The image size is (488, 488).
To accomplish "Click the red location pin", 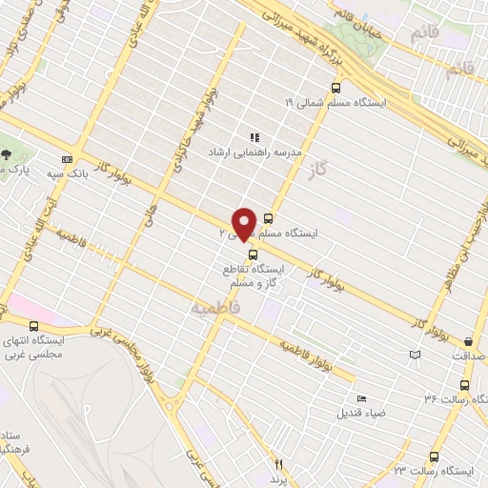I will click(x=244, y=223).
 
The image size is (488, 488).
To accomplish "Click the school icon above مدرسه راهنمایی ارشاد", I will click(x=254, y=136).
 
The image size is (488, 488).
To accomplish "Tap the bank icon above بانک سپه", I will click(x=67, y=158).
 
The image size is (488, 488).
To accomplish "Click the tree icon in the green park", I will click(x=7, y=153).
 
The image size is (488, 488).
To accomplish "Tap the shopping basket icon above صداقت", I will click(x=468, y=342).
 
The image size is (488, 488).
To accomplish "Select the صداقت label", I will click(x=468, y=356).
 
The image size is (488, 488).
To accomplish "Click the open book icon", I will click(x=414, y=355).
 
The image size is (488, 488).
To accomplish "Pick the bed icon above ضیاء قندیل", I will click(x=360, y=398).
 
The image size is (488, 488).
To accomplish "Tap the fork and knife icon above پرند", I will click(x=279, y=463).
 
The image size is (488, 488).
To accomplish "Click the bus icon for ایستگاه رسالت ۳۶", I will click(x=464, y=385).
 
